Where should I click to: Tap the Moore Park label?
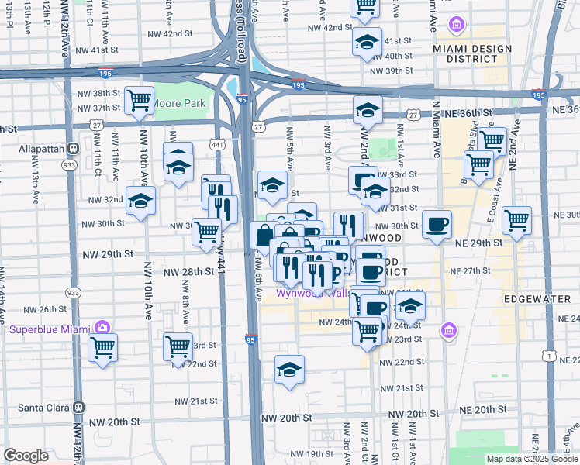(178, 102)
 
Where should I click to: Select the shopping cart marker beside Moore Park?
(139, 100)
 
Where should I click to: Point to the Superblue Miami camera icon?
(101, 329)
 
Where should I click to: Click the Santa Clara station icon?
(78, 407)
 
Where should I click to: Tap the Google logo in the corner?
(26, 456)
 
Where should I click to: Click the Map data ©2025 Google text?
(532, 459)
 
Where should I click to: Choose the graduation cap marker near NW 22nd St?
(289, 370)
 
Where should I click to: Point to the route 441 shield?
(216, 144)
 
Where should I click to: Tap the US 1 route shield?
(550, 356)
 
